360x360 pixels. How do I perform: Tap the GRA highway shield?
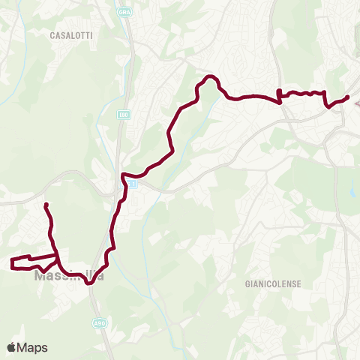pos(123,13)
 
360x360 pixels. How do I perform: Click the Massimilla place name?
pos(69,276)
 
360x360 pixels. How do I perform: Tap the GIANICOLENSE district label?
pos(272,285)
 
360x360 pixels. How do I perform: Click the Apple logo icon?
pos(12,347)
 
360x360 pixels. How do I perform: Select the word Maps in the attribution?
pos(33,347)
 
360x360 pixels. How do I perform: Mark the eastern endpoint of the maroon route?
pos(348,97)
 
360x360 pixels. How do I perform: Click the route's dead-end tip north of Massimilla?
pos(46,205)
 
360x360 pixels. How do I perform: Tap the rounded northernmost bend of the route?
pos(211,77)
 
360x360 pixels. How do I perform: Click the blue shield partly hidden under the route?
pos(130,183)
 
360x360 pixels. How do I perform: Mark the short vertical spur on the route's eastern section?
pos(279,94)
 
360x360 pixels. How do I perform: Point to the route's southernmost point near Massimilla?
pos(88,283)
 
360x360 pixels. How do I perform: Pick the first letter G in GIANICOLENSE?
pos(247,285)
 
